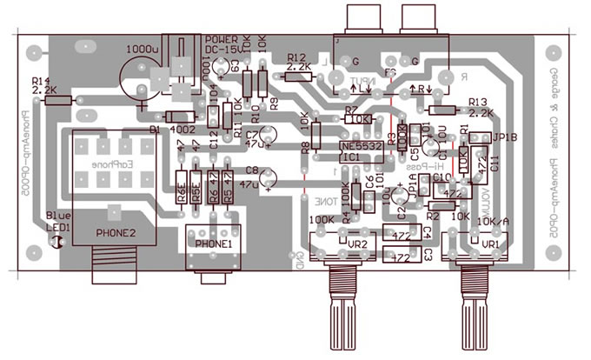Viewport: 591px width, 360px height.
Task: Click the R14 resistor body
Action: (58, 101)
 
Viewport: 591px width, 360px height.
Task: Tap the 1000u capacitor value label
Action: (143, 50)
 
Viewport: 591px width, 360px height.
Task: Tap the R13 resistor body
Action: (444, 110)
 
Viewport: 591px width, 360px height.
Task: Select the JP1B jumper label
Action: (505, 137)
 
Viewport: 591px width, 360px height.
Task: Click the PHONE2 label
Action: (116, 233)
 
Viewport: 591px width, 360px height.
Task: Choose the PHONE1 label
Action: (214, 244)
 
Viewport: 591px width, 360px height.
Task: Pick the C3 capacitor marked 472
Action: (401, 257)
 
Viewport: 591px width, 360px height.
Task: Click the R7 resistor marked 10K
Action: (362, 118)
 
